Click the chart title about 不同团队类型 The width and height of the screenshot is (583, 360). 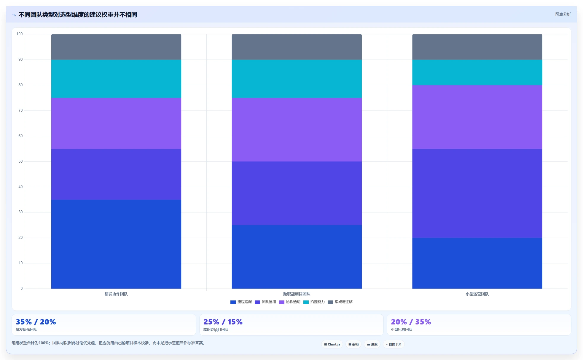78,15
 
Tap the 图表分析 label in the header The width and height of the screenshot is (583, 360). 563,14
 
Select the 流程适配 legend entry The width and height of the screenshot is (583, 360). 241,302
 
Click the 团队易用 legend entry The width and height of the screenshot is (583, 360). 265,302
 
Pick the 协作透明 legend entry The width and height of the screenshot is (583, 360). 289,302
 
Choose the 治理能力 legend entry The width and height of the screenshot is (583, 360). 314,302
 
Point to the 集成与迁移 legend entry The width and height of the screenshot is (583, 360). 340,302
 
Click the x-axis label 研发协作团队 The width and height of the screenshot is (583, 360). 116,294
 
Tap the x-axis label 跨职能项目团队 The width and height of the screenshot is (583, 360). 297,294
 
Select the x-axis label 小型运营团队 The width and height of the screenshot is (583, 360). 477,294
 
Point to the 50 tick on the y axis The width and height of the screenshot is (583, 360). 20,161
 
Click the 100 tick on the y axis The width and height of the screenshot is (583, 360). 20,34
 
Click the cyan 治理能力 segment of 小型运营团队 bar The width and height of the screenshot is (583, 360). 477,73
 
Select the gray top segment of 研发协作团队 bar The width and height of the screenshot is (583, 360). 116,47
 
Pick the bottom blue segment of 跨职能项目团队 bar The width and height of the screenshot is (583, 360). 297,257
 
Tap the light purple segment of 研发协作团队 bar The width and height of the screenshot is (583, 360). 116,124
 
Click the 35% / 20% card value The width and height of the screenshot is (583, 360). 36,322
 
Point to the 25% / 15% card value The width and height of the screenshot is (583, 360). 223,322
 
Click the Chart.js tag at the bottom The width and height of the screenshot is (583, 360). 332,344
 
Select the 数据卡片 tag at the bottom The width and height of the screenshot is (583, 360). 394,344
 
